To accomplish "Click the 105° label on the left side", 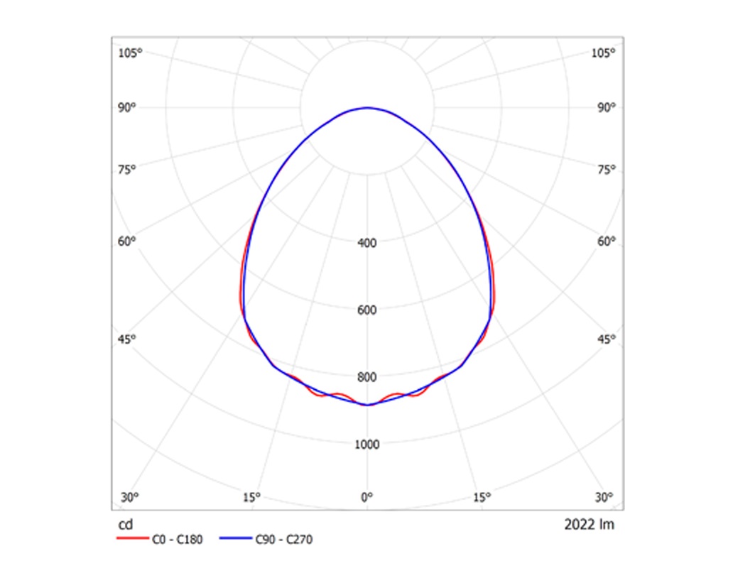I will point(131,53).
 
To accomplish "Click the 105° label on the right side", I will point(604,53).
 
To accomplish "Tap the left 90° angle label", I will point(127,108).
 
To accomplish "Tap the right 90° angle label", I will point(606,108).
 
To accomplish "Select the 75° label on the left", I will point(127,169).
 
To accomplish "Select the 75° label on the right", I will point(606,169).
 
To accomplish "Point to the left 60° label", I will point(127,241).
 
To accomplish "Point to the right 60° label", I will point(606,241).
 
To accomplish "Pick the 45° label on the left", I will point(127,339).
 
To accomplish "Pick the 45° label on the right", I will point(606,339).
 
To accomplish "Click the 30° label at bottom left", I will point(129,497).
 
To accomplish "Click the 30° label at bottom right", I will point(604,497).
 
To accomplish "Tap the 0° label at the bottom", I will point(367,497).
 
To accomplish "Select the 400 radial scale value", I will point(367,243).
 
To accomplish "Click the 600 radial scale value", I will point(367,310).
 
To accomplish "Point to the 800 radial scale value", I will point(367,377).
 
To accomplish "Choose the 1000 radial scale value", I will point(367,445).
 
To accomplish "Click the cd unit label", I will point(124,525).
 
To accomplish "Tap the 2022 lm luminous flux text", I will point(590,525).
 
